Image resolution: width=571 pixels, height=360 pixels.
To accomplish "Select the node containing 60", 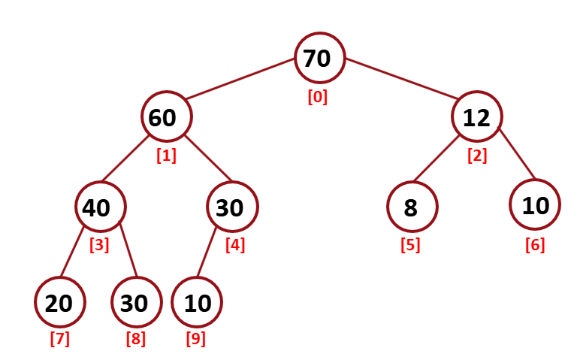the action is pos(166,118).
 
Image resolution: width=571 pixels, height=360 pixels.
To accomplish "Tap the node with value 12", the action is pos(477,118).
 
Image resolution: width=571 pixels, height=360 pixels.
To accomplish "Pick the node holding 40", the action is pos(100,207).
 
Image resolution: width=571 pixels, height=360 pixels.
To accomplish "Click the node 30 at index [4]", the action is pos(233,207).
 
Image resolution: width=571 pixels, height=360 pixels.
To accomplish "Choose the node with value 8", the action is pos(412,207).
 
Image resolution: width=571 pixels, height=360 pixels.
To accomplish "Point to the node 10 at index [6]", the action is pos(534,205).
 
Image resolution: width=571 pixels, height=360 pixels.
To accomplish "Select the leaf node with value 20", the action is pos(59,302).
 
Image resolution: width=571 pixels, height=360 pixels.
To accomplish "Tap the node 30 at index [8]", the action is pos(135,302).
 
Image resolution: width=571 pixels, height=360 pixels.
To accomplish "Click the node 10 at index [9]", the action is pos(197,302).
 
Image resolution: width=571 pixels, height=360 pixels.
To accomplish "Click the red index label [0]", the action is pos(318,97).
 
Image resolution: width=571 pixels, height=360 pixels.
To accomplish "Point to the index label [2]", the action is pos(477,156).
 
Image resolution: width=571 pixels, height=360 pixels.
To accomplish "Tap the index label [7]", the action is pos(59,339).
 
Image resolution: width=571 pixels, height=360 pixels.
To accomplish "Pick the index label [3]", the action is pos(99,244).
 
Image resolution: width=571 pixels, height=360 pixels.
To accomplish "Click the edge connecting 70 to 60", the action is pos(240,80).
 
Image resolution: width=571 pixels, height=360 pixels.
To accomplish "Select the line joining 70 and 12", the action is pos(402,80).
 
